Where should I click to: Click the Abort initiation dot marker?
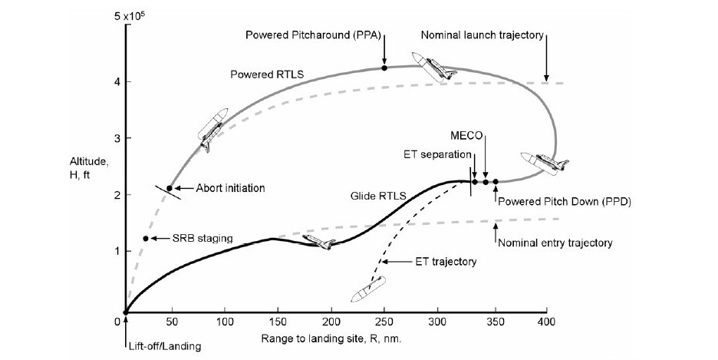click(170, 188)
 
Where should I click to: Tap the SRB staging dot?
click(146, 239)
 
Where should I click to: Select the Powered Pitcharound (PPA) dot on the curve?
click(384, 68)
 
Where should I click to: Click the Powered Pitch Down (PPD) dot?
click(496, 182)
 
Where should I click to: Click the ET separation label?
click(436, 154)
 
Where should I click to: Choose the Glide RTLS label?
click(378, 196)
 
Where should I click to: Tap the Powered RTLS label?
click(267, 74)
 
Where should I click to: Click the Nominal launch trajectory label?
click(483, 35)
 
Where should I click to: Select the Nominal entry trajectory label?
click(555, 243)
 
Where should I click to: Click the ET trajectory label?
click(446, 262)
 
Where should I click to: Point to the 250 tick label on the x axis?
click(384, 322)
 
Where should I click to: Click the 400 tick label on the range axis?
click(547, 322)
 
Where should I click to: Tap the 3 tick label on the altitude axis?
click(117, 138)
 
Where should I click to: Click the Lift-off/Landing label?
click(165, 346)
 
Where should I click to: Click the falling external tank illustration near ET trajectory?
click(368, 289)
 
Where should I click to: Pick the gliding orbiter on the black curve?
click(319, 243)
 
